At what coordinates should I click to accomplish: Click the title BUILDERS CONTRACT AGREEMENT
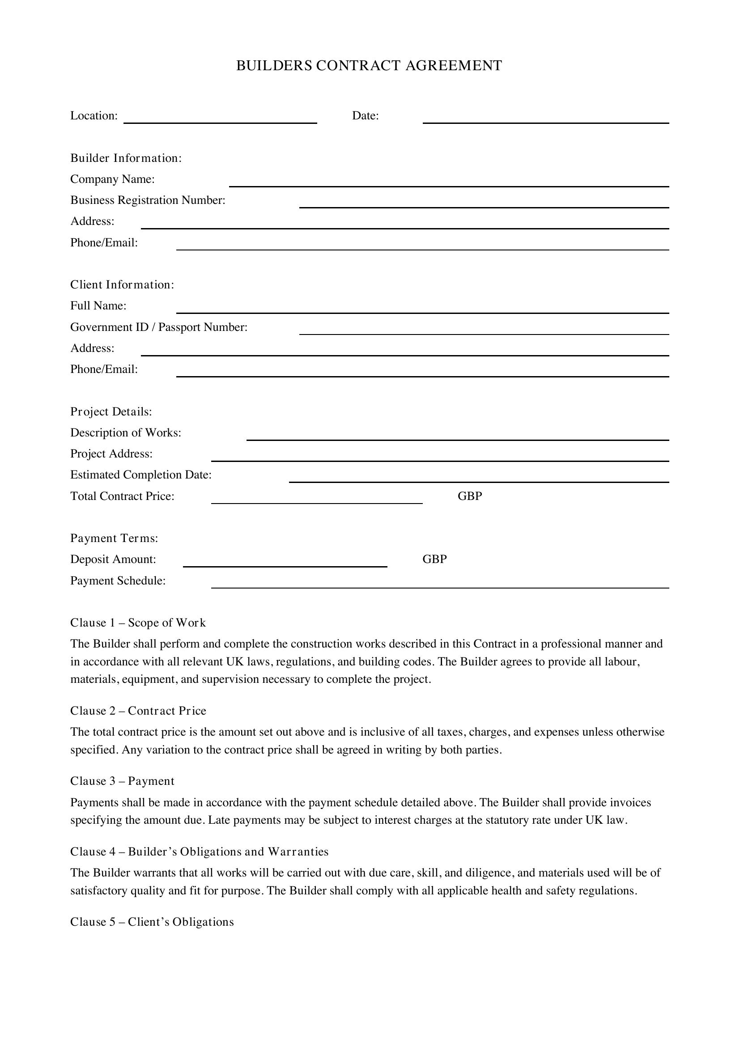pos(369,66)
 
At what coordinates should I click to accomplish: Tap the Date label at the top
pos(366,116)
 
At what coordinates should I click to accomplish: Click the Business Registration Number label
pos(148,200)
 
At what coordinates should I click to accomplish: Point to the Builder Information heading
pos(126,158)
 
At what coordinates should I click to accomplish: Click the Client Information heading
pos(122,285)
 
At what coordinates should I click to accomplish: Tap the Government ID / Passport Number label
pos(158,327)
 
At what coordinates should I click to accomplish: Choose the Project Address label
pos(111,454)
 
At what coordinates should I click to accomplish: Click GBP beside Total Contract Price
pos(470,496)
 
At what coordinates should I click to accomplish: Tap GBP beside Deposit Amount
pos(434,559)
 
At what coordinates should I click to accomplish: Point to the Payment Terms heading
pos(114,538)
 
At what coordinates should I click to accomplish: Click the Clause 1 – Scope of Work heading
pos(138,623)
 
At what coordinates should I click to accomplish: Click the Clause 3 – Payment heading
pos(122,781)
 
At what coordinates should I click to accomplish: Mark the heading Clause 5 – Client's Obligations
pos(152,922)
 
